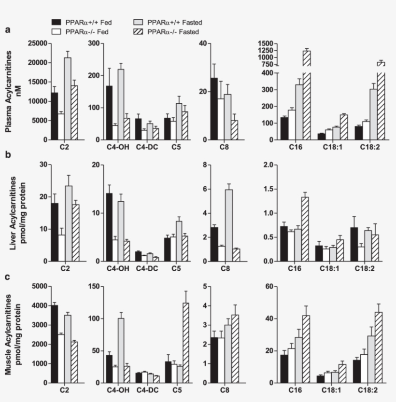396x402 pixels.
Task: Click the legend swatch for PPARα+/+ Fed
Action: pyautogui.click(x=57, y=22)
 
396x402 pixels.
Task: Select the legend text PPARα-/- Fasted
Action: pyautogui.click(x=173, y=32)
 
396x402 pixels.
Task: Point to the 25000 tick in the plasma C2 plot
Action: pyautogui.click(x=37, y=43)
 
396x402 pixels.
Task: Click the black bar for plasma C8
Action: pyautogui.click(x=214, y=109)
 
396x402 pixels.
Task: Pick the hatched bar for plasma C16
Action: pyautogui.click(x=307, y=106)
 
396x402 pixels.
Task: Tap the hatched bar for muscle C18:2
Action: pyautogui.click(x=365, y=347)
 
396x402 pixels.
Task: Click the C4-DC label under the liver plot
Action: pyautogui.click(x=144, y=267)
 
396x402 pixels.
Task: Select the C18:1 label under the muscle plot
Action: pyautogui.click(x=328, y=389)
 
